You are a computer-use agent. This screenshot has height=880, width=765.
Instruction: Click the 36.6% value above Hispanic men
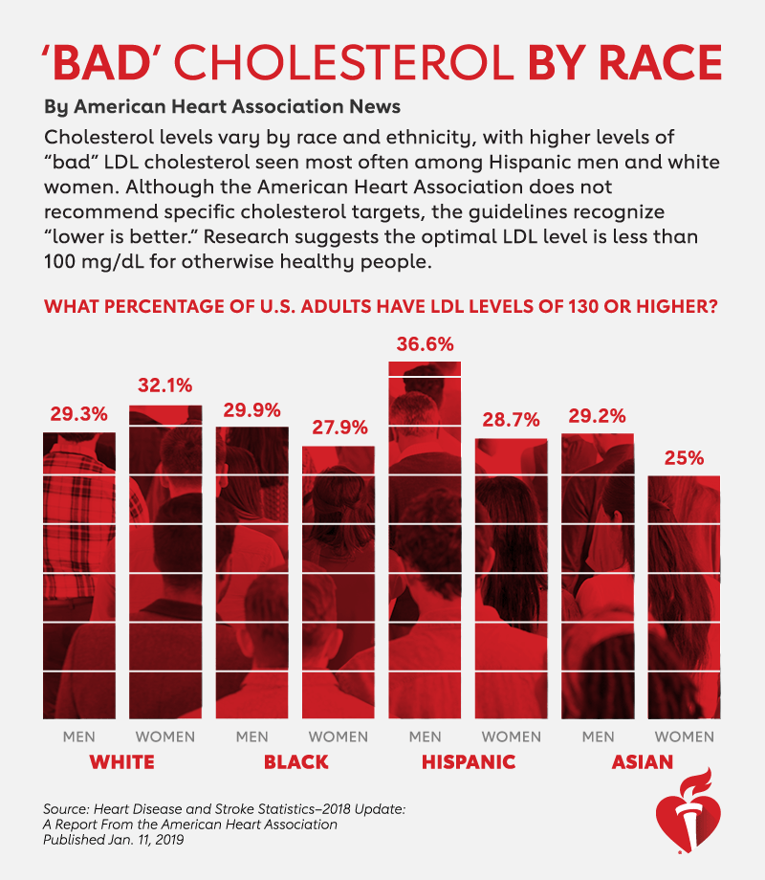click(x=426, y=343)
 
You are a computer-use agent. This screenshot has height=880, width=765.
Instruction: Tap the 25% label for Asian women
click(x=684, y=457)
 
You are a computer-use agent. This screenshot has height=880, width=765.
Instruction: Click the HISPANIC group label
click(x=469, y=762)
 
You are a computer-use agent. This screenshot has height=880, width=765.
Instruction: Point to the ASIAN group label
click(x=641, y=762)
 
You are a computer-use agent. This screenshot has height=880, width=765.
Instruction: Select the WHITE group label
click(x=121, y=762)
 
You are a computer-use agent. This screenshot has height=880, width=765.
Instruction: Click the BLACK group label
click(x=295, y=762)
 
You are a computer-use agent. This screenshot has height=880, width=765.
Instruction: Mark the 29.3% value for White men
click(x=78, y=415)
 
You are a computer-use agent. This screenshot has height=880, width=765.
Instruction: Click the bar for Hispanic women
click(x=512, y=579)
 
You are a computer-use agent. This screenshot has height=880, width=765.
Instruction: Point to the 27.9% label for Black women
click(x=339, y=428)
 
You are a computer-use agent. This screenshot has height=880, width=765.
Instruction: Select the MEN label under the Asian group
click(x=598, y=737)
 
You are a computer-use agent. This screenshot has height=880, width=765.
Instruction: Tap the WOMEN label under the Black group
click(x=339, y=737)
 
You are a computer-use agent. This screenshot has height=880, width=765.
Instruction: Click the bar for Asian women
click(x=684, y=597)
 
